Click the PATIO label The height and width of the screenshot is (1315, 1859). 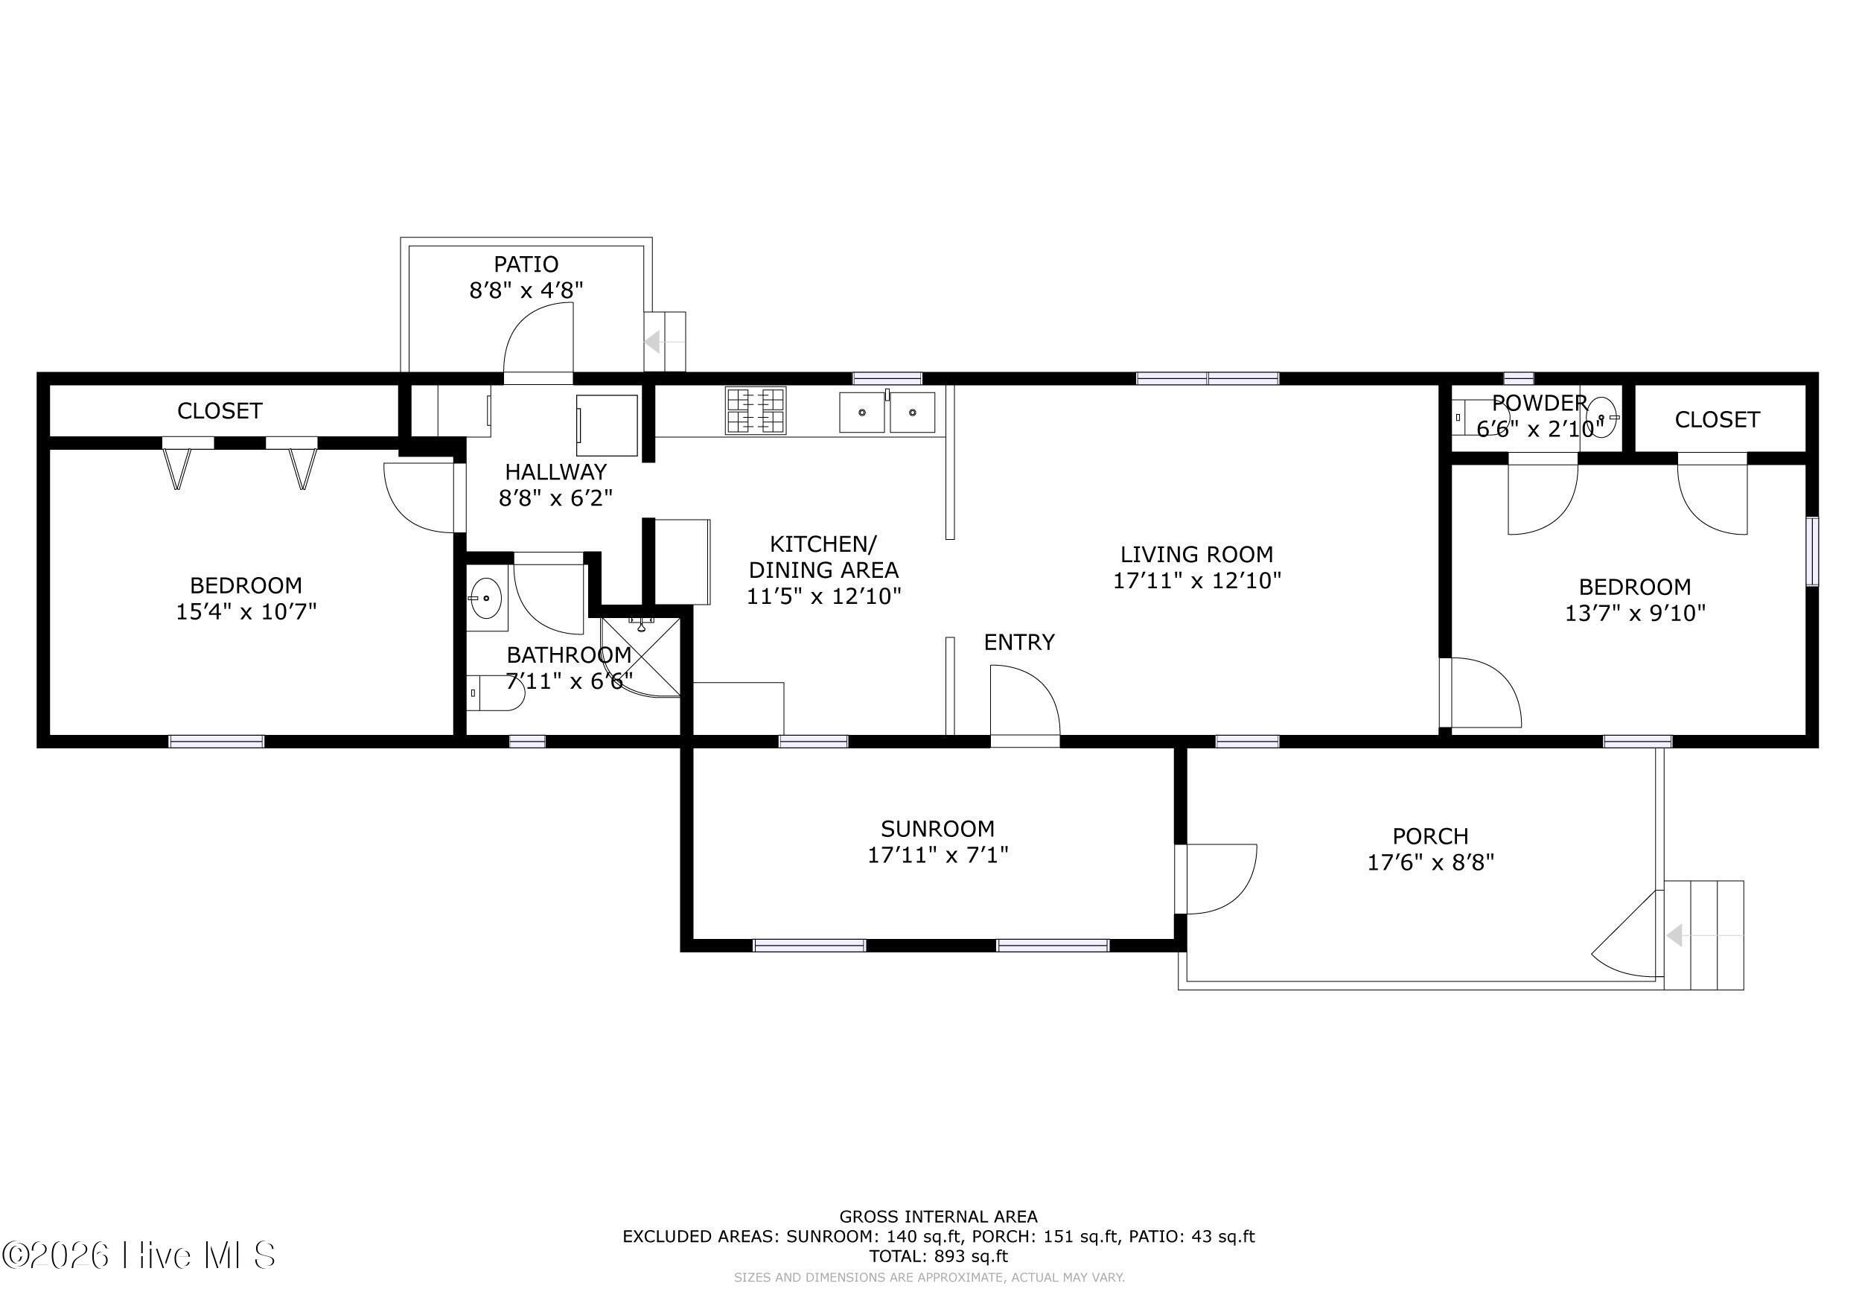point(526,264)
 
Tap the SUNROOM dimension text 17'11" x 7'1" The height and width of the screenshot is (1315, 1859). point(937,855)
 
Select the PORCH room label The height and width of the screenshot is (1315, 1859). point(1431,835)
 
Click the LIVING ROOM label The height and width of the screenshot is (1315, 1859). point(1196,554)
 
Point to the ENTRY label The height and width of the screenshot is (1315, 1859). point(1019,642)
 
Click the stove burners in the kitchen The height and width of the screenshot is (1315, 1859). point(756,410)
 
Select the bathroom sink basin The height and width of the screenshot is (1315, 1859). point(486,599)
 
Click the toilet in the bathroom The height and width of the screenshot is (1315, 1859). point(496,693)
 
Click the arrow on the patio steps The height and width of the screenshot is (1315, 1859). point(664,342)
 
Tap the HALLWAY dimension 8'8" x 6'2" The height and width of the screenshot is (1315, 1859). point(555,497)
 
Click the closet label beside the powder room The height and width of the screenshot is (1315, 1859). point(1718,419)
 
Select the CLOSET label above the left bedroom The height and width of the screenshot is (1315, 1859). point(220,410)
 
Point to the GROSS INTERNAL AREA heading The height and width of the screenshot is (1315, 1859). point(938,1216)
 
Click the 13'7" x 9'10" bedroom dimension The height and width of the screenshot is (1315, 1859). point(1635,613)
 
